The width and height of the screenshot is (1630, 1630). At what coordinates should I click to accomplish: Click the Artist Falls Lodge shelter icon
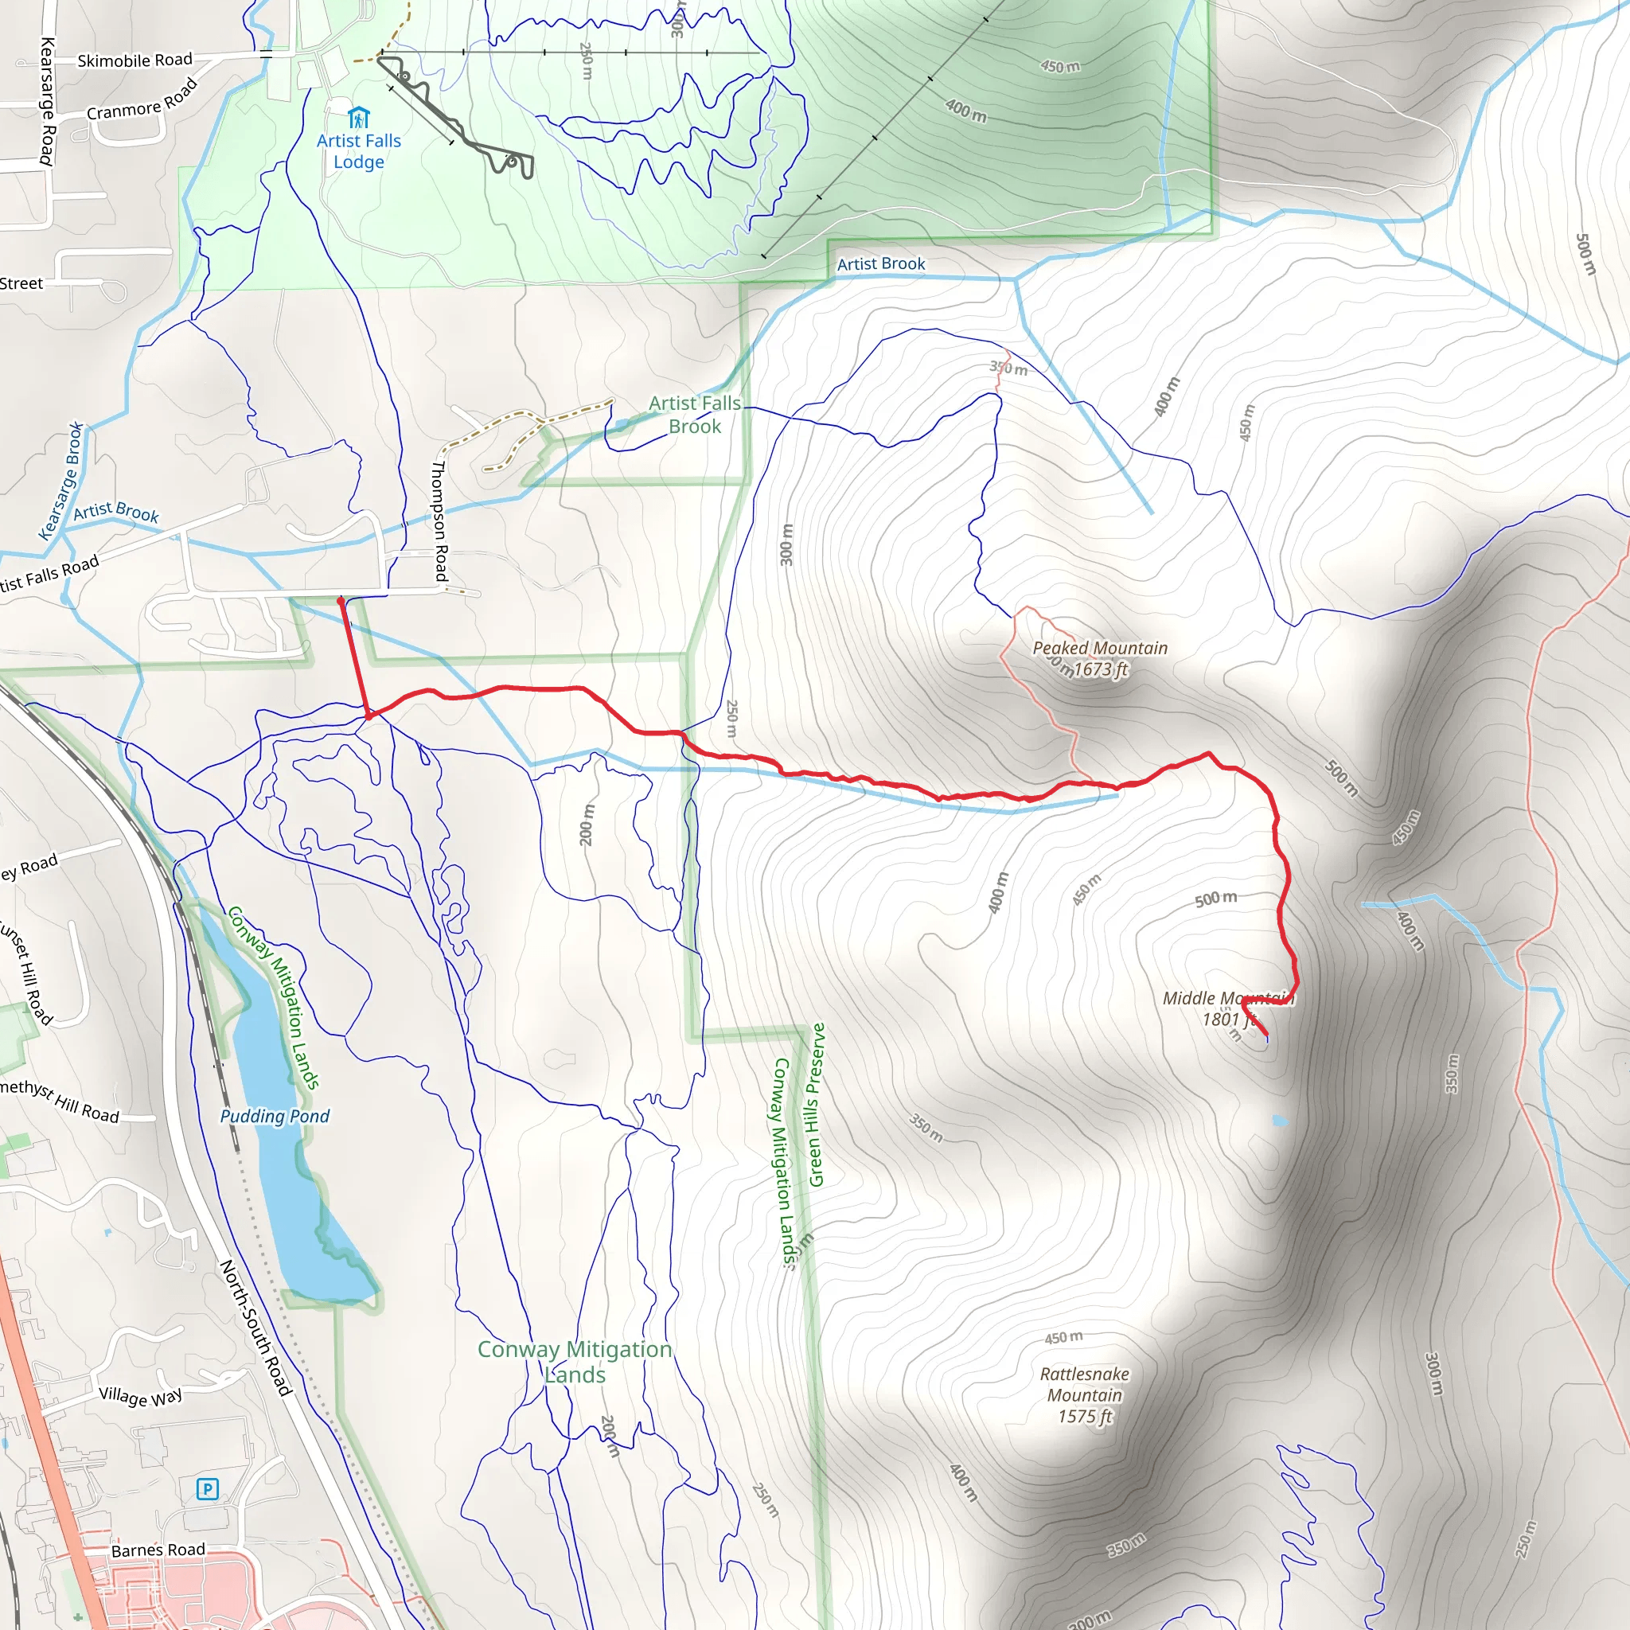tap(359, 117)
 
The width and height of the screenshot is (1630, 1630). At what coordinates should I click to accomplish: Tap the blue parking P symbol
tap(207, 1489)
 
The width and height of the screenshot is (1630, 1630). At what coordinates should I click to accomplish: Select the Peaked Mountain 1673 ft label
tap(1100, 659)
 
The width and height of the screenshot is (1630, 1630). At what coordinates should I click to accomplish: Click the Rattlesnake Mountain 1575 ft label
tap(1084, 1394)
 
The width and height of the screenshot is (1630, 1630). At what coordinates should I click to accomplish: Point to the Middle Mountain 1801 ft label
tap(1226, 1008)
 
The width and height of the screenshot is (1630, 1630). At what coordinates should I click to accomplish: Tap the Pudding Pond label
tap(275, 1116)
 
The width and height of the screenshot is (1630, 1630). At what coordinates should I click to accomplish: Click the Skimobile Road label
tap(135, 60)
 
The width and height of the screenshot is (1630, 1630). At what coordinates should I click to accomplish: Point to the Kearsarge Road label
tap(47, 101)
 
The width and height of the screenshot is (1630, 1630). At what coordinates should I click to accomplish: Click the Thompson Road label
tap(439, 521)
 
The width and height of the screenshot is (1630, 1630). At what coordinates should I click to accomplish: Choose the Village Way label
tap(140, 1396)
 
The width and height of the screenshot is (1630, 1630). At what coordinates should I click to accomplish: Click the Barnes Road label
tap(158, 1550)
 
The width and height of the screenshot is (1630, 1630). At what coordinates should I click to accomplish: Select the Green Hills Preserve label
tap(817, 1105)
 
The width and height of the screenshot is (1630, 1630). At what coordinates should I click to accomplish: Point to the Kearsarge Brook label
tap(61, 481)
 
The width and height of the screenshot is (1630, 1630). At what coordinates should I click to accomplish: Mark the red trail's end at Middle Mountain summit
tap(1266, 1035)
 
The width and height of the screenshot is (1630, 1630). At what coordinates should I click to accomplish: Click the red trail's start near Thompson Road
tap(341, 601)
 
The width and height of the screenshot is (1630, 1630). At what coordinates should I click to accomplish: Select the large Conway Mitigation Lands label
tap(575, 1362)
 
